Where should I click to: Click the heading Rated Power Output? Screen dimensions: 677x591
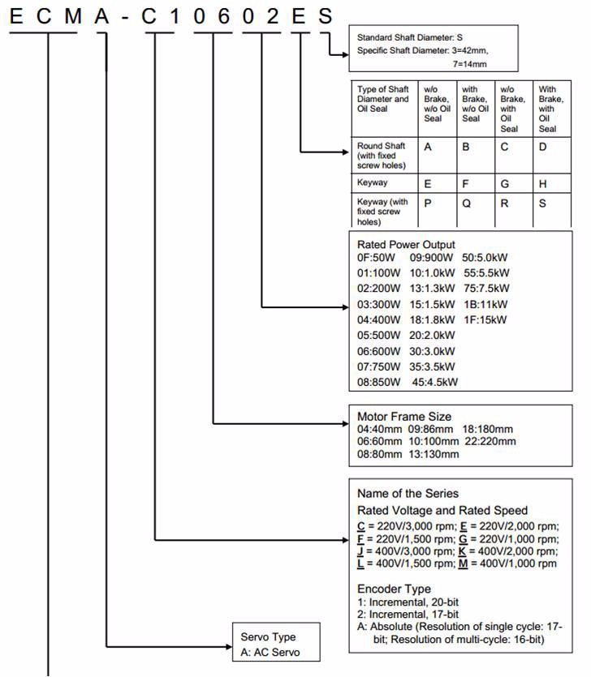coord(406,245)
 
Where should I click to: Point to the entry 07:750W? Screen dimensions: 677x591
coord(378,366)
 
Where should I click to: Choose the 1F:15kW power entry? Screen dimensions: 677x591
coord(485,320)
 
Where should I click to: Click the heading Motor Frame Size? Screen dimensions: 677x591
coord(404,417)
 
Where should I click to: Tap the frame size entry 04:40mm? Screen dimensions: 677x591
coord(379,429)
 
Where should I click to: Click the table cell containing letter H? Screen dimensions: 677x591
coord(544,184)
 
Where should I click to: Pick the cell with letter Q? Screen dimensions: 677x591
coord(467,204)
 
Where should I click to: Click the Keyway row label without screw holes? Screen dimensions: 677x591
coord(372,184)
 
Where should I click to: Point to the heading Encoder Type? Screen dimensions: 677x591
coord(394,589)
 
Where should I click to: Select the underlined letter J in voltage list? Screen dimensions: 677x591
coord(360,551)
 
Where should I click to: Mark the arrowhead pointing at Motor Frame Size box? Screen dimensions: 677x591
coord(343,422)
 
